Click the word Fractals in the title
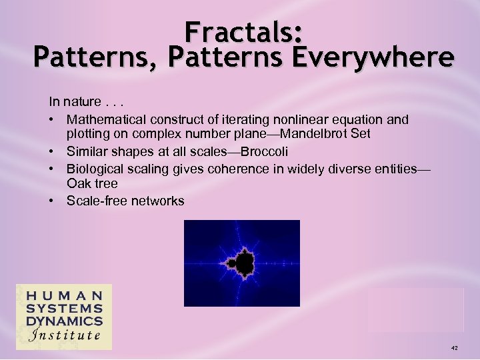tap(244, 31)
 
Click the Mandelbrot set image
tap(241, 263)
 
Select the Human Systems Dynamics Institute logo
tap(64, 317)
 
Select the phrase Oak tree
tap(92, 183)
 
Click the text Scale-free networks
tap(125, 201)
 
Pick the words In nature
tap(73, 103)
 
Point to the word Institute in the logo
tap(64, 335)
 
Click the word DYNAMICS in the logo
tap(64, 321)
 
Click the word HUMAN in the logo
tap(64, 295)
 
